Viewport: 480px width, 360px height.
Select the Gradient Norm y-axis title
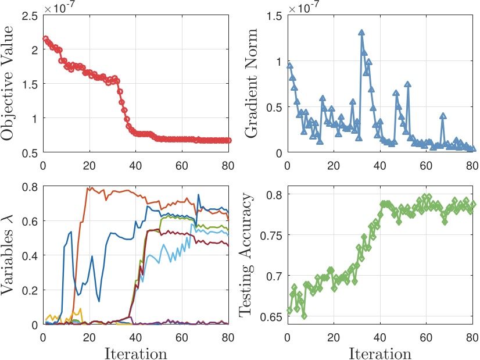[x=252, y=84]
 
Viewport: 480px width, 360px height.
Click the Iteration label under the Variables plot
[x=136, y=352]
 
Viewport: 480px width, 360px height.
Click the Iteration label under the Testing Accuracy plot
[x=380, y=352]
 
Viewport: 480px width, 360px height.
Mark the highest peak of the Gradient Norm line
[x=361, y=33]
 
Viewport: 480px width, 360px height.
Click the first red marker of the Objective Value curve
[x=46, y=39]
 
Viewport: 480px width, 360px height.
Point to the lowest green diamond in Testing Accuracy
[x=304, y=316]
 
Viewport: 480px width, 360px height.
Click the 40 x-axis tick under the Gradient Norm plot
[x=379, y=165]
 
